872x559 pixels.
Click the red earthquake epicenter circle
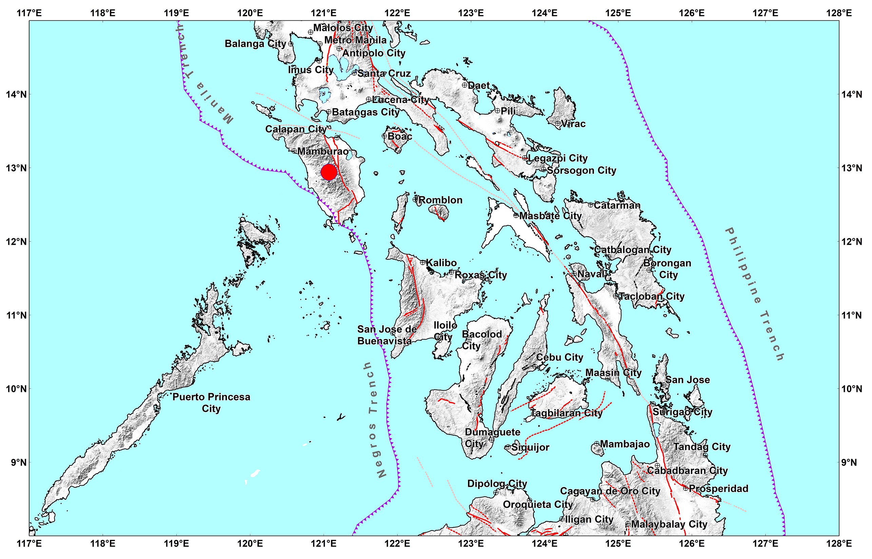(x=329, y=172)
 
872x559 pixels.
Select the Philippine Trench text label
(x=755, y=294)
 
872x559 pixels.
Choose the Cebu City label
(x=559, y=357)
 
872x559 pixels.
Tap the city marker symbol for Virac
(x=558, y=123)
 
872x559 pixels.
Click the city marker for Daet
(x=465, y=85)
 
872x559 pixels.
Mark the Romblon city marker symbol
(x=415, y=200)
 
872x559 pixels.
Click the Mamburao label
(x=323, y=152)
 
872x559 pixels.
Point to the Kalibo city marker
(x=422, y=262)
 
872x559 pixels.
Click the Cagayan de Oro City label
(x=610, y=491)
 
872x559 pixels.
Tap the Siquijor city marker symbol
(x=508, y=447)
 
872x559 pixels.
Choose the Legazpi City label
(x=558, y=158)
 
